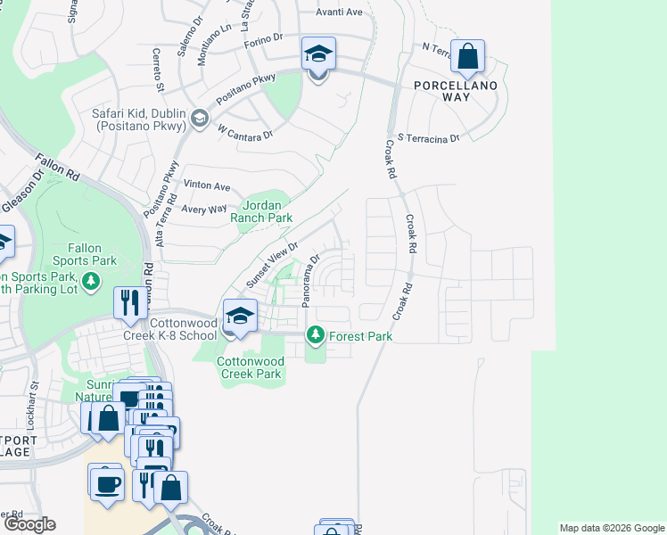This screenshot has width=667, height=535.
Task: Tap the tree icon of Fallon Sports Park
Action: pyautogui.click(x=91, y=282)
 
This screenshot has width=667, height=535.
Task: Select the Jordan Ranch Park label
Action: pyautogui.click(x=261, y=210)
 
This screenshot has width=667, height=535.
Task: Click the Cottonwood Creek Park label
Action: pyautogui.click(x=251, y=367)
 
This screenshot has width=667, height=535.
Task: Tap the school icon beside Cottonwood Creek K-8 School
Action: pyautogui.click(x=240, y=317)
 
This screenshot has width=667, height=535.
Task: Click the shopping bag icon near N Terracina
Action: pyautogui.click(x=467, y=56)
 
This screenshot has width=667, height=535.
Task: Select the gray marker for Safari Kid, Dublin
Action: pyautogui.click(x=200, y=118)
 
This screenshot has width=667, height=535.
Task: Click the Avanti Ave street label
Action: pyautogui.click(x=339, y=12)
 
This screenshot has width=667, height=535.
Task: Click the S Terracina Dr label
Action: pyautogui.click(x=428, y=138)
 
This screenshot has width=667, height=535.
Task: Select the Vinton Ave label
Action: pyautogui.click(x=207, y=186)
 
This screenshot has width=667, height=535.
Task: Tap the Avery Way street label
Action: pyautogui.click(x=204, y=209)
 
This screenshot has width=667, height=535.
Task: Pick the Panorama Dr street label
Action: pyautogui.click(x=309, y=282)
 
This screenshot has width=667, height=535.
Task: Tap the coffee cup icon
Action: pyautogui.click(x=109, y=484)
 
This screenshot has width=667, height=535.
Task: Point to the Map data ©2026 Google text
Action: pyautogui.click(x=611, y=528)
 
